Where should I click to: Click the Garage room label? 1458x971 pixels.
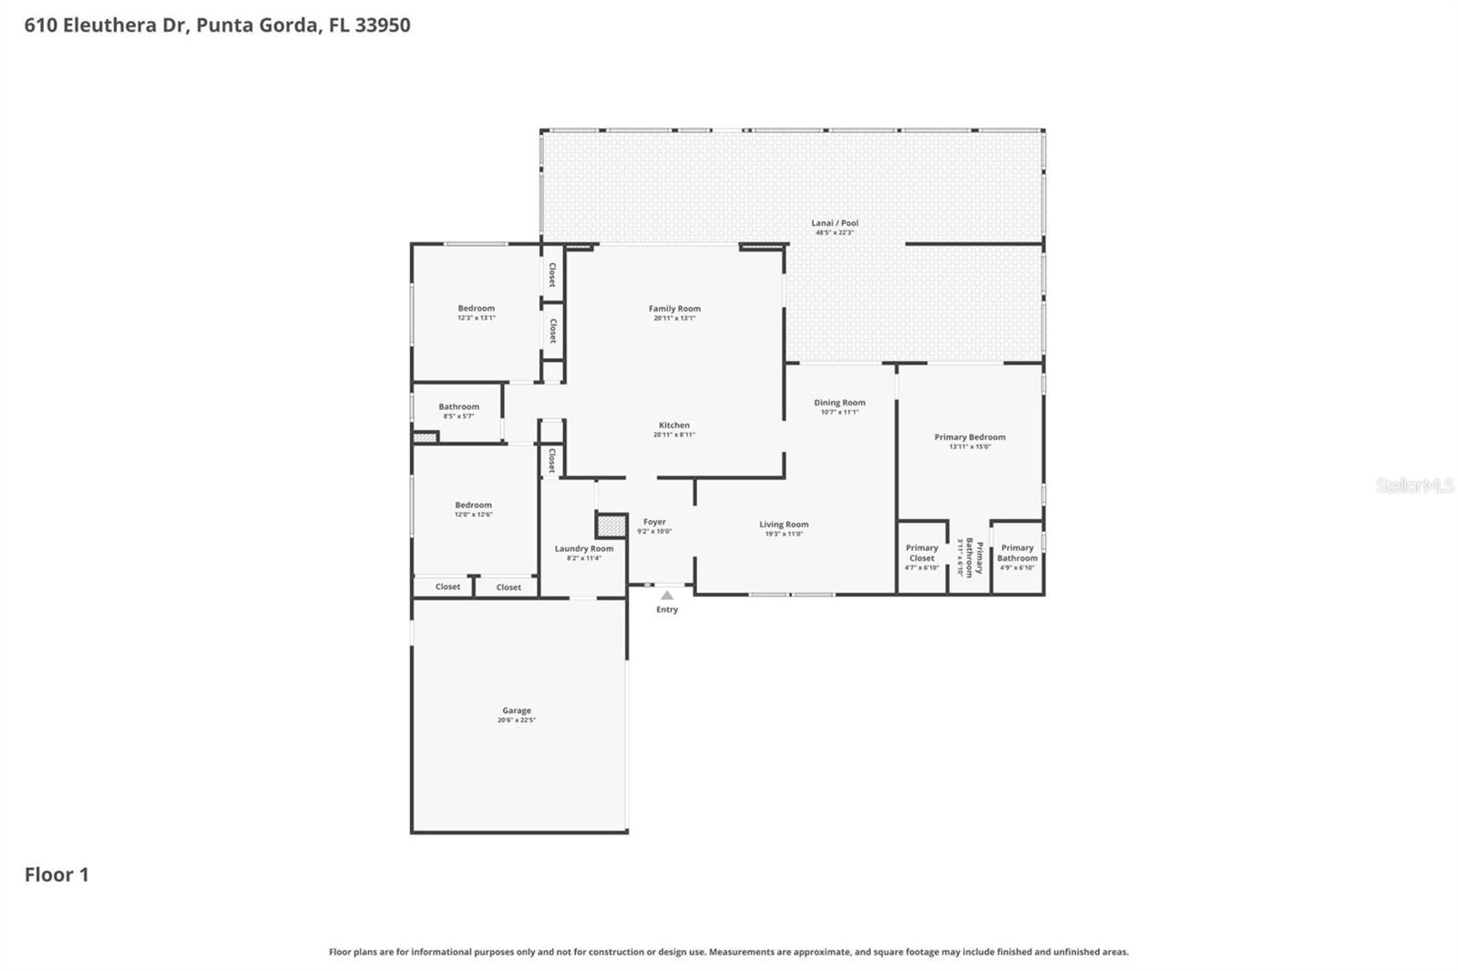516,710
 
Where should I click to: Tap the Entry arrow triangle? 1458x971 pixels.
667,595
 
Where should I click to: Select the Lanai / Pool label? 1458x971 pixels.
835,223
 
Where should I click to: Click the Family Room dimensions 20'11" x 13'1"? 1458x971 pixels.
674,319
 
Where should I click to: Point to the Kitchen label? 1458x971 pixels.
674,425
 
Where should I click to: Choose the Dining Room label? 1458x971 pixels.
839,403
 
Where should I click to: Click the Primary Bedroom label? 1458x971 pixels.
970,437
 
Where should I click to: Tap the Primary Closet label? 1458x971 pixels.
921,553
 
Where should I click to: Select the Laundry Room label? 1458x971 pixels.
584,548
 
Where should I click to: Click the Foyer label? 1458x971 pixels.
654,522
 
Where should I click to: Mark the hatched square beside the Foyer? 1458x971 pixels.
611,526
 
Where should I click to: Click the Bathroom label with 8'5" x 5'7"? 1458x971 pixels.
458,407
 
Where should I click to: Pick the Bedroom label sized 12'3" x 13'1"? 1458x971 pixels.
476,309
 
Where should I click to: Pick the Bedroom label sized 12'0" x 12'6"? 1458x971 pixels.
473,505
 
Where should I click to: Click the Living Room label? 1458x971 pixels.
784,525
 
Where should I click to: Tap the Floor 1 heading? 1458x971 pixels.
56,874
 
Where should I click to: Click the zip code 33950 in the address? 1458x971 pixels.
383,25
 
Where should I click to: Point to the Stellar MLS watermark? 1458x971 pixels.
1414,485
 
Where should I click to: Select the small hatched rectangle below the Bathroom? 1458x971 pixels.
425,438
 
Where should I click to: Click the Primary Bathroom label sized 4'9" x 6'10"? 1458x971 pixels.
1017,553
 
